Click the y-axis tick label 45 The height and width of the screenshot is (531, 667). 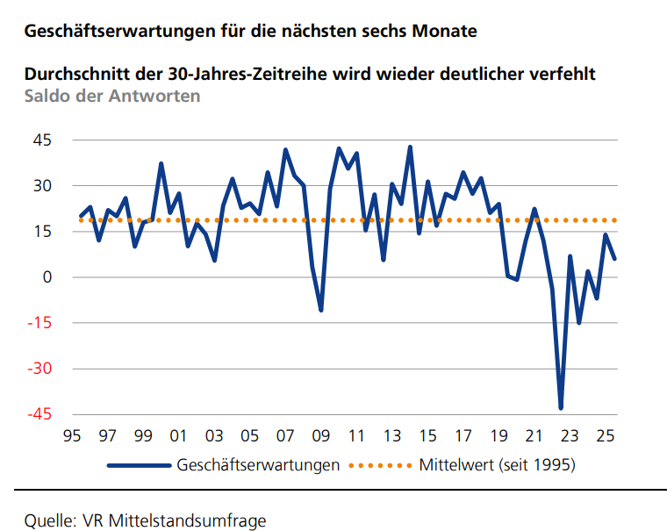[x=41, y=140]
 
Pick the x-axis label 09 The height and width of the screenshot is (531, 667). [x=320, y=435]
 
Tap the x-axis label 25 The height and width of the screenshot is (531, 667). [x=605, y=435]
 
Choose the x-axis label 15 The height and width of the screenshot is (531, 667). [x=427, y=435]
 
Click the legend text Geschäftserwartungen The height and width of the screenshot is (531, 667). [x=258, y=464]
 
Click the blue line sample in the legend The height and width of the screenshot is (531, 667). [x=139, y=464]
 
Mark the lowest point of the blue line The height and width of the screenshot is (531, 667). [x=561, y=408]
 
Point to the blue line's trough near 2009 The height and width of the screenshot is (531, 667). [x=321, y=310]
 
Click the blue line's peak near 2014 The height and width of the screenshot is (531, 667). [x=410, y=147]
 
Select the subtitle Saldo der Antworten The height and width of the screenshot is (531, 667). [x=112, y=96]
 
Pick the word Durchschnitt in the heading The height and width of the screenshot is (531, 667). [x=75, y=74]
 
